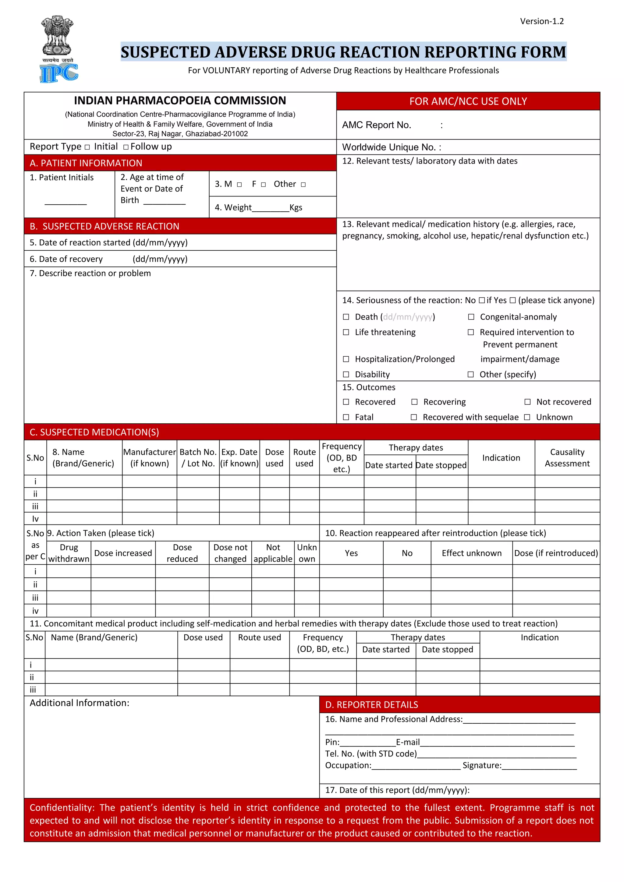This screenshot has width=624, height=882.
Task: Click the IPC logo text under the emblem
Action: click(x=59, y=73)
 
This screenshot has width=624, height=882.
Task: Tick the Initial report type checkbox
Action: click(x=87, y=147)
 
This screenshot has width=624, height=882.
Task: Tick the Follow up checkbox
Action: click(x=126, y=147)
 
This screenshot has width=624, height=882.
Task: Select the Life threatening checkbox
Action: click(x=346, y=332)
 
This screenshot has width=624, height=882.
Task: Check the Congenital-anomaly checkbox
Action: click(x=471, y=317)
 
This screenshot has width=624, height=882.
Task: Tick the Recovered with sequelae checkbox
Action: click(x=414, y=417)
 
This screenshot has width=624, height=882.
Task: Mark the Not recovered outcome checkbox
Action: click(x=527, y=402)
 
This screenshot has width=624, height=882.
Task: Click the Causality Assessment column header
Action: click(x=567, y=457)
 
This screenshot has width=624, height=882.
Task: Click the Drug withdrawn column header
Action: click(x=69, y=553)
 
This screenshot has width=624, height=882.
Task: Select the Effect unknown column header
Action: click(x=471, y=553)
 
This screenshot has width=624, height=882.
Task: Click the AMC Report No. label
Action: click(x=377, y=125)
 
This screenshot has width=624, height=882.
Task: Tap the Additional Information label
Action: click(x=80, y=703)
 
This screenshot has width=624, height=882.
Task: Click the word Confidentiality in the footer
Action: click(x=62, y=808)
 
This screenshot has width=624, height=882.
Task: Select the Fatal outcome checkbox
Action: click(x=346, y=417)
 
